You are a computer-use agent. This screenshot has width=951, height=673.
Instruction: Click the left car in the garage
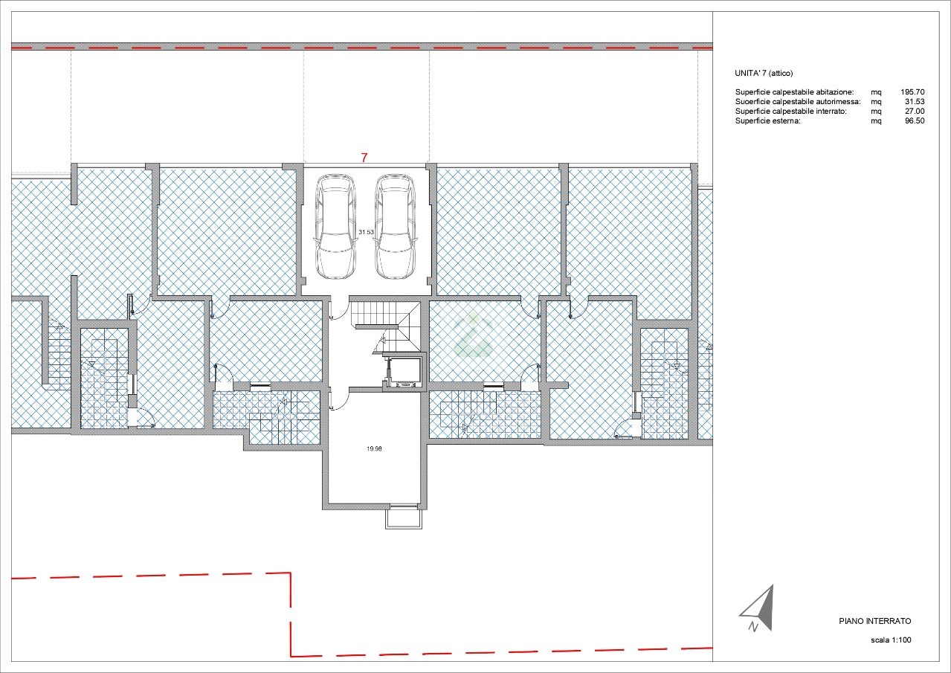[335, 226]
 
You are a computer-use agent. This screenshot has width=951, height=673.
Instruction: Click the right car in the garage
[395, 226]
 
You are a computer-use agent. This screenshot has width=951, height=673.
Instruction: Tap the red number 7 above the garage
[364, 158]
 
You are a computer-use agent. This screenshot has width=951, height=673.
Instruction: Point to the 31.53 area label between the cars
[366, 232]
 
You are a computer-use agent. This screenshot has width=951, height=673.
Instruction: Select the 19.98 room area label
[374, 448]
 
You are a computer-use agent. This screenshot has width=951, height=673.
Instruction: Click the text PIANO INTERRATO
[875, 621]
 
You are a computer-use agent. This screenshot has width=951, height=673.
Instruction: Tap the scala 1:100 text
[891, 640]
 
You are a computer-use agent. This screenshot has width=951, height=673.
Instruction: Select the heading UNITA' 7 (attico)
[764, 74]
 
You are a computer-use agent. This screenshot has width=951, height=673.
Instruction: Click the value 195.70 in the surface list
[912, 92]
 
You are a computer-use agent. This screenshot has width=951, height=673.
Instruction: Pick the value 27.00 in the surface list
[915, 112]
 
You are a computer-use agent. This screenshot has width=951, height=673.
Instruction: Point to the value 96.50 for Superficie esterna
[915, 120]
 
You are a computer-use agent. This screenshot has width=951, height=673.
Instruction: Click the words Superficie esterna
[767, 121]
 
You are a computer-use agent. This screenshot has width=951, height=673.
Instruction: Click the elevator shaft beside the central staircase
[404, 370]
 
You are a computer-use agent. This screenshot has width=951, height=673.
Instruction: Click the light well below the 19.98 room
[404, 517]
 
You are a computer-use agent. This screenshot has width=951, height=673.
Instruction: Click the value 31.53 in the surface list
[915, 102]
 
